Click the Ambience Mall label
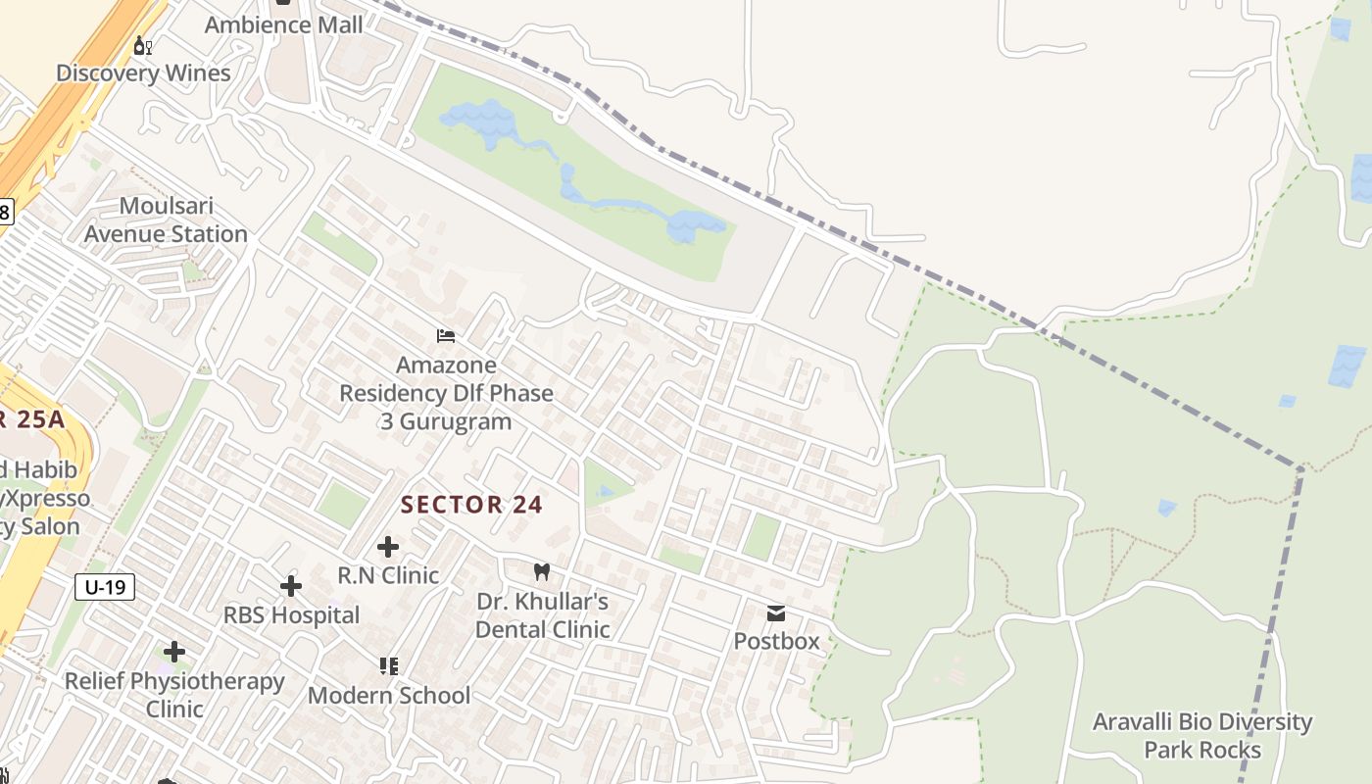[x=283, y=25]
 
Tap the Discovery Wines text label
[x=143, y=73]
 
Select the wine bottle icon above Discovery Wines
[x=143, y=45]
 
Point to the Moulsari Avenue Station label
[x=166, y=220]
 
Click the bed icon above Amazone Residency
[x=446, y=336]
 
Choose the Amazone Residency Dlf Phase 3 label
[x=446, y=393]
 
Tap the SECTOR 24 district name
[x=471, y=505]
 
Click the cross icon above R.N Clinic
[x=388, y=546]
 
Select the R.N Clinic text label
[x=388, y=574]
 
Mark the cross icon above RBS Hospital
[x=291, y=586]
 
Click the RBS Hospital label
[x=291, y=615]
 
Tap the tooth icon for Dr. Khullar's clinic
[x=542, y=571]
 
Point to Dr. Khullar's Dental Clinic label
[x=542, y=615]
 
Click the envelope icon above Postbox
[x=776, y=613]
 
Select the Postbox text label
[x=776, y=642]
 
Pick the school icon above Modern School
[x=389, y=666]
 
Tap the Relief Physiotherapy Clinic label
[x=174, y=695]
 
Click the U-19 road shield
[x=105, y=587]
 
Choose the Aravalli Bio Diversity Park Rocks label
[x=1202, y=736]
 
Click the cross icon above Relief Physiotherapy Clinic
[x=174, y=652]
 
